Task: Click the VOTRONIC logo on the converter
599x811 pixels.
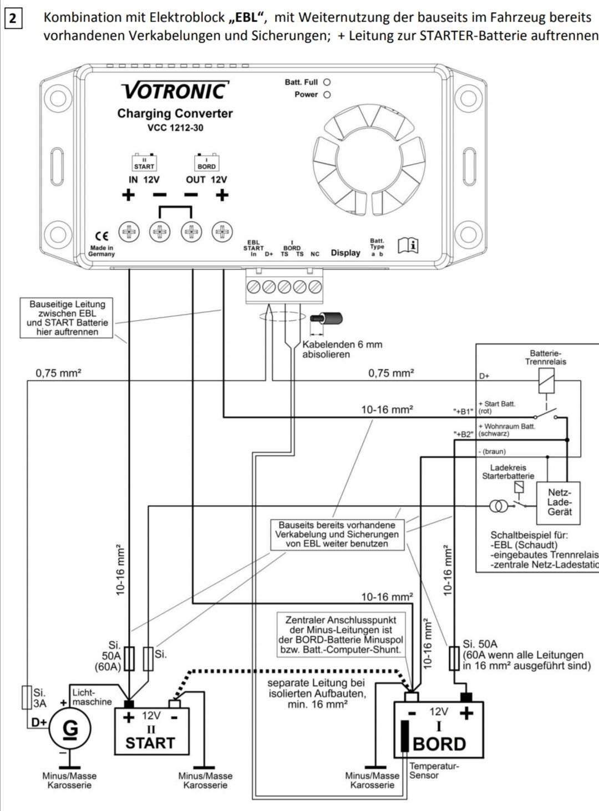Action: pos(175,90)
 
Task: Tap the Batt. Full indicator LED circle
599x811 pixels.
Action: pos(327,82)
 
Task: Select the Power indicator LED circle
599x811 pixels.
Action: pos(327,94)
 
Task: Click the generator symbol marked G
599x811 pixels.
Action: pos(70,728)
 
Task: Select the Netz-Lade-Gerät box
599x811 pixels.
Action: pos(559,503)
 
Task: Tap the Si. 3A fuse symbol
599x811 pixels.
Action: pos(26,697)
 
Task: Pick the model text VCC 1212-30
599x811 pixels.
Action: pos(175,128)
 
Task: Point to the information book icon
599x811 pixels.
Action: pos(408,245)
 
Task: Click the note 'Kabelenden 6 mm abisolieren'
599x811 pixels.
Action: pos(342,349)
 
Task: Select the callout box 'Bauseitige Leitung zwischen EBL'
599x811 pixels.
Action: pos(67,318)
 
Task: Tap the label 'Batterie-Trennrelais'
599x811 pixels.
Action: pos(545,357)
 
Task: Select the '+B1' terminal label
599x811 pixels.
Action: pos(463,412)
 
